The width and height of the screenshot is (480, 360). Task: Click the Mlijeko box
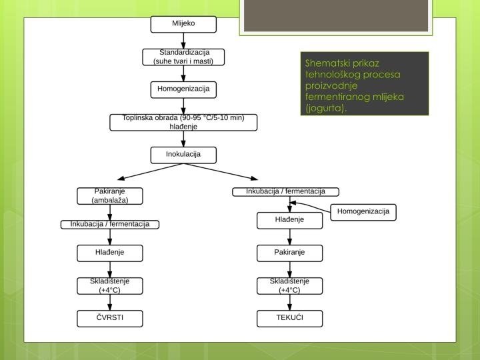pos(183,24)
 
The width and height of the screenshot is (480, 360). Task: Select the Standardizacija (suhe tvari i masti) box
pos(183,57)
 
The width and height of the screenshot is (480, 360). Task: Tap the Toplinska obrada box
pos(183,123)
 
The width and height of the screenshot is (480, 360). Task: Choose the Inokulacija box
pos(183,155)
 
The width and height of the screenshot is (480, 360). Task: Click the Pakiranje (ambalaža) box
pos(110,196)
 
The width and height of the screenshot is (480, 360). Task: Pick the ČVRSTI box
pos(110,319)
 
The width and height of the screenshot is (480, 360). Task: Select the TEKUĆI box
pos(289,319)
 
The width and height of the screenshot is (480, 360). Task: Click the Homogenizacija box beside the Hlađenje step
pos(363,213)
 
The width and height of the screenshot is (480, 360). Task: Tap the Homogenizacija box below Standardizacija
pos(183,90)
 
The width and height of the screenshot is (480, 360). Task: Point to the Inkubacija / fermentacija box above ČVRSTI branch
pos(110,225)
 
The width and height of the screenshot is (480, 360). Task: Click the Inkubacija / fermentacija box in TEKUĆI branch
pos(285,192)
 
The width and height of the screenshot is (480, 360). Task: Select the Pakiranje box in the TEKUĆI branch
pos(289,253)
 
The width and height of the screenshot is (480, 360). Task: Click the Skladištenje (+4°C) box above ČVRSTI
pos(110,286)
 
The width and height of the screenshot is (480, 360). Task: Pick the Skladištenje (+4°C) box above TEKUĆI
pos(289,286)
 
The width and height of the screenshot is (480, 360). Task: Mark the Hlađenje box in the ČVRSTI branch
pos(110,253)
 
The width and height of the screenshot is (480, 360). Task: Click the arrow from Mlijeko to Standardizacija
pos(183,41)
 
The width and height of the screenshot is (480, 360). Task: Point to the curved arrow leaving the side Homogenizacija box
pos(309,205)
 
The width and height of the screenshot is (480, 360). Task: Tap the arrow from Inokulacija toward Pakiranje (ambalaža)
pos(151,172)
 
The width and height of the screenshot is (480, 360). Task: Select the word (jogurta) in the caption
pos(326,108)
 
